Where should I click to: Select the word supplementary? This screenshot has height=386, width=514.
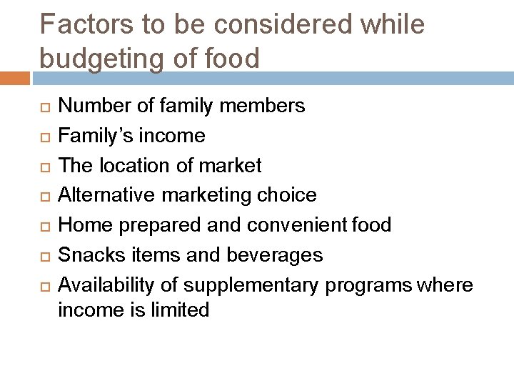252,284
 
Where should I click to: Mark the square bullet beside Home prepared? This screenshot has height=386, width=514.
44,226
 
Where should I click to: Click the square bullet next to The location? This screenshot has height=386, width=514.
44,167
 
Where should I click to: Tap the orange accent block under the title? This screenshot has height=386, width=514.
15,77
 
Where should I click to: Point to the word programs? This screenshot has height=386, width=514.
368,284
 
